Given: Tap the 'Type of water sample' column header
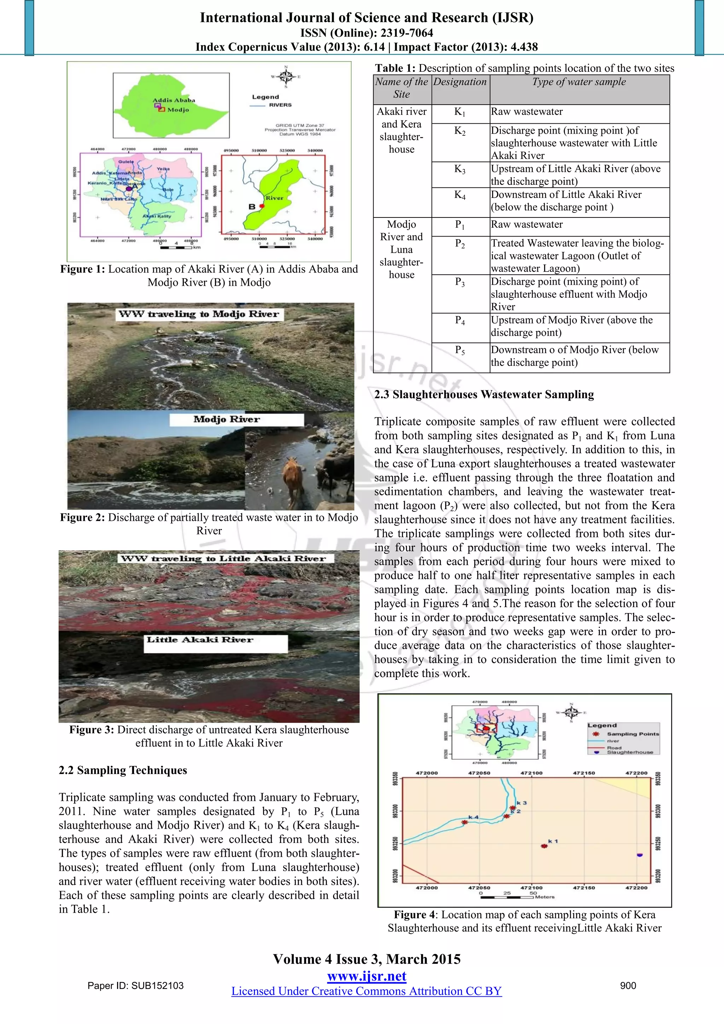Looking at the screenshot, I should click(x=579, y=82).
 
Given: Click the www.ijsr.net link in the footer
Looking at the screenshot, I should click(x=367, y=976).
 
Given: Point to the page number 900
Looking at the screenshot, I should click(x=628, y=986).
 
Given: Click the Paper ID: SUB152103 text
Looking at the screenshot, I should click(x=135, y=986).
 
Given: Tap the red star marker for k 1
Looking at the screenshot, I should click(x=544, y=845).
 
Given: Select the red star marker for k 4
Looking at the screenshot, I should click(x=465, y=822).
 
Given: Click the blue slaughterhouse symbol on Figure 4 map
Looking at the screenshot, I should click(x=640, y=855).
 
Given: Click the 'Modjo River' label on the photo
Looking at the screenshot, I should click(x=227, y=419).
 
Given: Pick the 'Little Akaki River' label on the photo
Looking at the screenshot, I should click(x=200, y=640).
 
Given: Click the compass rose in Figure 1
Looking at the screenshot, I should click(x=286, y=76).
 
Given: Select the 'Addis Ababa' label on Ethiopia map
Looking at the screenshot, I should click(x=174, y=100).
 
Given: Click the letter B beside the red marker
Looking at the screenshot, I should click(x=252, y=206).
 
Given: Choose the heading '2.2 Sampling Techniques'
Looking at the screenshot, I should click(x=123, y=770).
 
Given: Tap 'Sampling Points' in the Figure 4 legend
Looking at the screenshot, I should click(x=632, y=734).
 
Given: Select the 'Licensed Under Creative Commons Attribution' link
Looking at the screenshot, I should click(x=367, y=991).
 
